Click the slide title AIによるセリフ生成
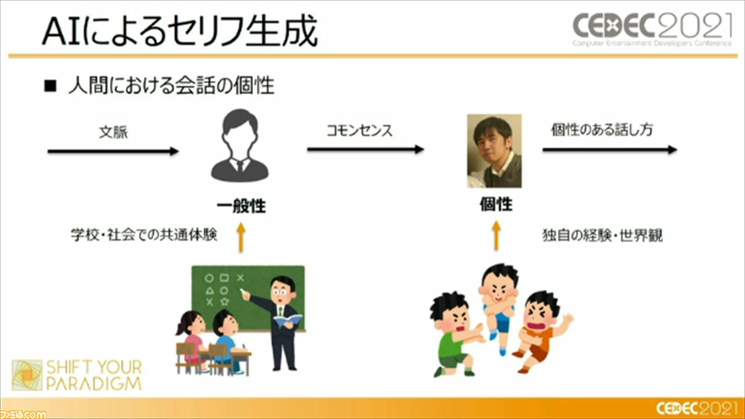(x=180, y=31)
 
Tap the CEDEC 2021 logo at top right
(x=652, y=29)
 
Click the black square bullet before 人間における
(x=50, y=86)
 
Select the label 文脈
(x=113, y=132)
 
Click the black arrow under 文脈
(x=113, y=151)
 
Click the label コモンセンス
(x=360, y=130)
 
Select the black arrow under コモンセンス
(x=366, y=149)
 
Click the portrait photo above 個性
(x=495, y=151)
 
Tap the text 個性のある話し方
(x=602, y=129)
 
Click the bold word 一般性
(x=241, y=206)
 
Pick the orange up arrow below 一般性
(x=241, y=238)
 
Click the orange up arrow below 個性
(x=496, y=235)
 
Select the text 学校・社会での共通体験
(x=144, y=234)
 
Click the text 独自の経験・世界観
(x=602, y=235)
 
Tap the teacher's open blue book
(x=288, y=319)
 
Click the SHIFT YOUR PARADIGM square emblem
(x=27, y=375)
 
